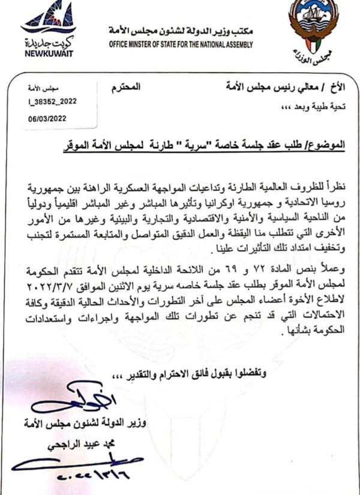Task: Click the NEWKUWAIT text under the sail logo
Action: coord(47,52)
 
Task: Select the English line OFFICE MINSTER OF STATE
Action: coord(181,44)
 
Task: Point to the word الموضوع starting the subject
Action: coord(326,146)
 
